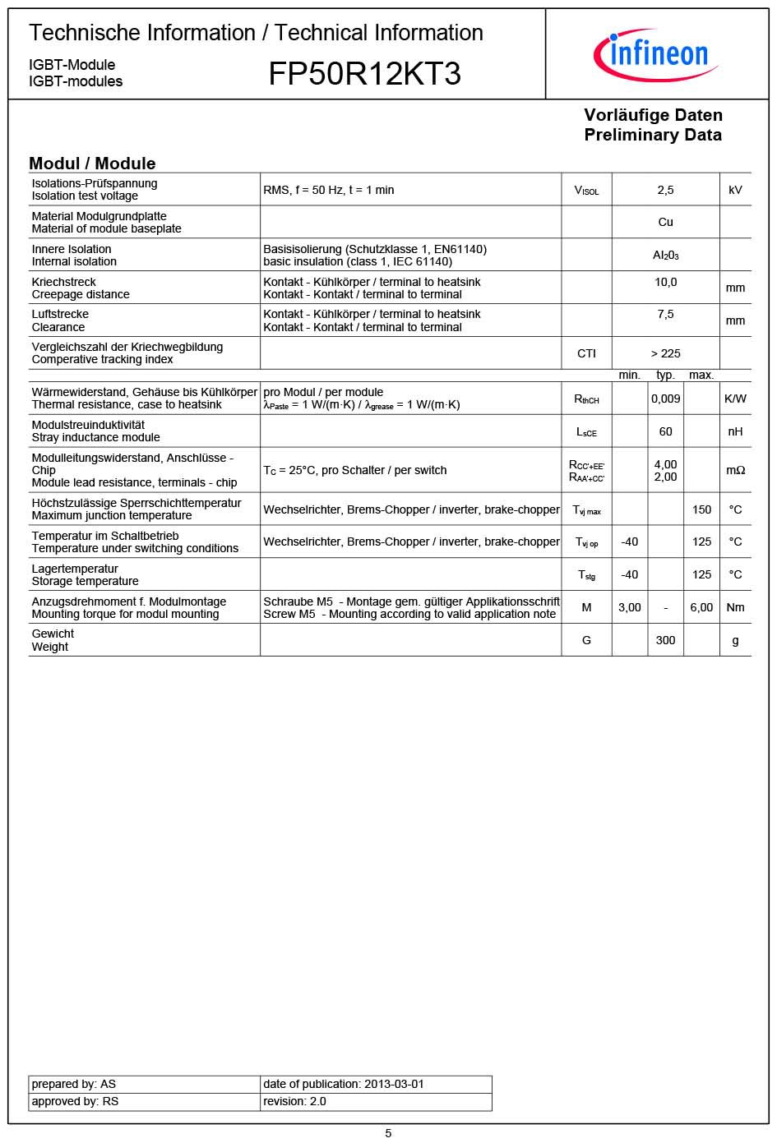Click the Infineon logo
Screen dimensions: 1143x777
click(655, 54)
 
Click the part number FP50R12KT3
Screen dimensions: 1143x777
click(364, 74)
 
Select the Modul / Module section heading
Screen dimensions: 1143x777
click(92, 163)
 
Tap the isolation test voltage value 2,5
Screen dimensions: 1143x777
click(665, 190)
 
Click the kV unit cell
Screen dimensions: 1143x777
click(735, 190)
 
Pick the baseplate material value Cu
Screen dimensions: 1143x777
click(665, 222)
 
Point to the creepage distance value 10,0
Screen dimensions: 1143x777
click(665, 282)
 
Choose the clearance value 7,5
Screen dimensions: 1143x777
click(665, 314)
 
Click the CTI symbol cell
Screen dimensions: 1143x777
click(586, 353)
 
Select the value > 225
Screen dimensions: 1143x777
click(665, 353)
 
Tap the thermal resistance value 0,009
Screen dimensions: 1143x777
click(665, 399)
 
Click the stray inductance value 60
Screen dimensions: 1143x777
click(665, 431)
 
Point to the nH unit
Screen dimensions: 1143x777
click(735, 431)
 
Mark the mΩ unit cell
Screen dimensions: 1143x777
click(735, 470)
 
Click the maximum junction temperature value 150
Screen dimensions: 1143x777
click(701, 509)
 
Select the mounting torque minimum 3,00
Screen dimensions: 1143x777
click(629, 607)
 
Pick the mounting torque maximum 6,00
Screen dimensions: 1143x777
click(701, 607)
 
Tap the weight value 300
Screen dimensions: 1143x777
click(665, 640)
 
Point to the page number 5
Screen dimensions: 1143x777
click(388, 1133)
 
